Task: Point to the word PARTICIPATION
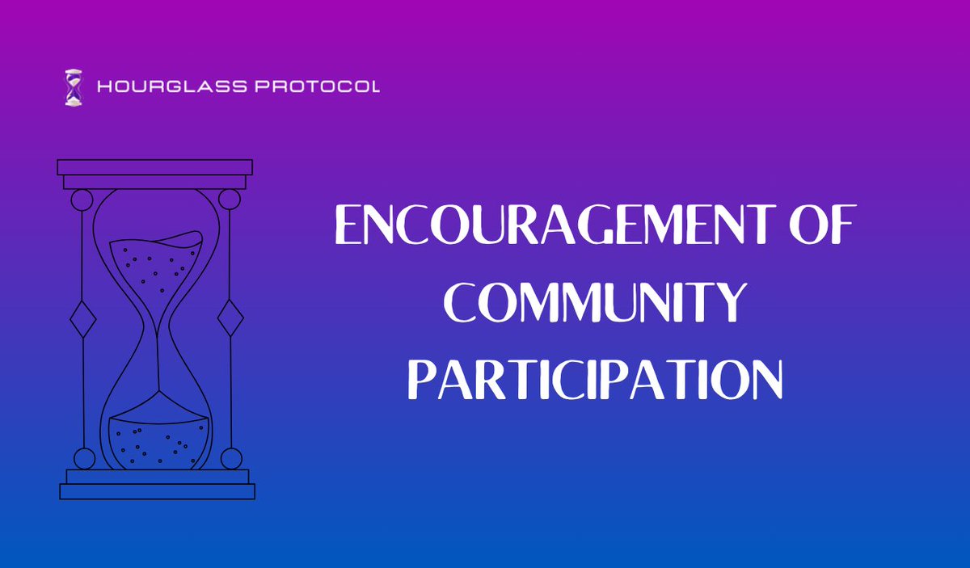click(x=594, y=380)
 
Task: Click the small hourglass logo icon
click(x=74, y=86)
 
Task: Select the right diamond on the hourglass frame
click(x=230, y=318)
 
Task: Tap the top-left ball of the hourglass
click(x=82, y=199)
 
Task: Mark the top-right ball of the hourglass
click(x=230, y=199)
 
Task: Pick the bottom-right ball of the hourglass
click(x=231, y=458)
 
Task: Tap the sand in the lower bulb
click(x=158, y=443)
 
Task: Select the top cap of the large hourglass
click(x=155, y=167)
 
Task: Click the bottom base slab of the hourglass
click(x=157, y=491)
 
